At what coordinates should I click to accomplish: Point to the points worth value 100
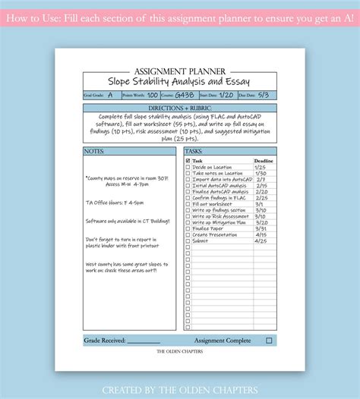click(153, 96)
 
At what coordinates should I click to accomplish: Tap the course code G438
click(185, 96)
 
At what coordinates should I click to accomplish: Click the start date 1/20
click(226, 96)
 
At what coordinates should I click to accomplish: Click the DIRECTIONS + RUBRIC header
click(180, 108)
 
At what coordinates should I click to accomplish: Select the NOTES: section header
click(94, 151)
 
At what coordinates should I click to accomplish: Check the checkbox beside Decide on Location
click(188, 167)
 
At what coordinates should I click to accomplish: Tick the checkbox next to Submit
click(188, 241)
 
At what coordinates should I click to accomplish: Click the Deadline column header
click(264, 161)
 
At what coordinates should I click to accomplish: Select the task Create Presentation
click(215, 234)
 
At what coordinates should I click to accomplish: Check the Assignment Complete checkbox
click(269, 341)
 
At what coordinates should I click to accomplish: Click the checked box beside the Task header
click(188, 161)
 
